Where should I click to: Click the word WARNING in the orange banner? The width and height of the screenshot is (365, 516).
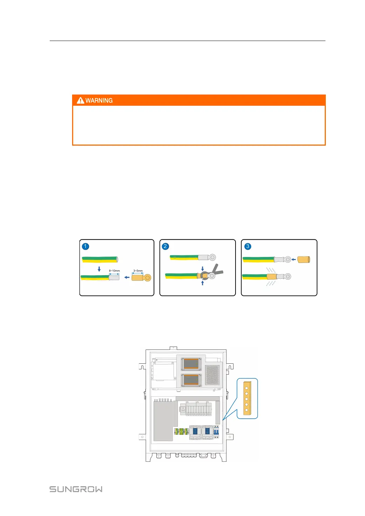coord(99,100)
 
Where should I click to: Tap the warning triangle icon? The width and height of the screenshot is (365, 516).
coord(80,100)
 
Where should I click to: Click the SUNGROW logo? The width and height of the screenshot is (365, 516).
coord(76,489)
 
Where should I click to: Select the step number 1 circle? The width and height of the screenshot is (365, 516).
coord(85,246)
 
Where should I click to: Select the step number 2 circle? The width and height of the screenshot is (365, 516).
coord(165,246)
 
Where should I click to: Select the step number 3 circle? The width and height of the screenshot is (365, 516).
coord(248,246)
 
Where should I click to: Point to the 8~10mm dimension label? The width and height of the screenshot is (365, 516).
coord(114,271)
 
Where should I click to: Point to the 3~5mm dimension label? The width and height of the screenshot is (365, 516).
coord(138,271)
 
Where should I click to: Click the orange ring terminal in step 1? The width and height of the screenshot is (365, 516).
coord(142,278)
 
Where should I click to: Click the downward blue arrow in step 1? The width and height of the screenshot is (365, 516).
coord(99,269)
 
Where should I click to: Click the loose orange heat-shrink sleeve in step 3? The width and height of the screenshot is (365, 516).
coord(303,260)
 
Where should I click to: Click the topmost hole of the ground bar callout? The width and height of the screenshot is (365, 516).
coord(247,388)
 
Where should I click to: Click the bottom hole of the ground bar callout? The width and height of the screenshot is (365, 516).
coord(247,410)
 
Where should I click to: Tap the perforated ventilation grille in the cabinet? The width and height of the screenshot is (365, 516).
coord(212,375)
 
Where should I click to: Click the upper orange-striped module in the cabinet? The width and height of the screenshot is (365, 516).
coord(191,364)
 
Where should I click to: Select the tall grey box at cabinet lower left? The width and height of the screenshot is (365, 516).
coord(163,421)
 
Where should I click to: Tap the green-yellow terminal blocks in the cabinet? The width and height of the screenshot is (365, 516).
coord(181,431)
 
